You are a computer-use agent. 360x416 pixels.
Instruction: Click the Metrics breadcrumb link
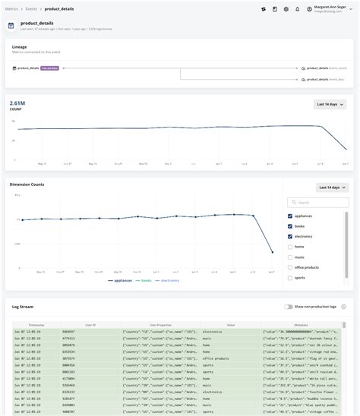12,8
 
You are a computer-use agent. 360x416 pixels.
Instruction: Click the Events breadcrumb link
32,8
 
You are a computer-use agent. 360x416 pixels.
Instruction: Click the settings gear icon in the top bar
286,9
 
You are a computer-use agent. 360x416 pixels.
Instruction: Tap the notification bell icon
297,9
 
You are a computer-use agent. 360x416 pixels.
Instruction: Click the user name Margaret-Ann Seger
328,7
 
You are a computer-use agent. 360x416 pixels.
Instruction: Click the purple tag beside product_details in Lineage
49,68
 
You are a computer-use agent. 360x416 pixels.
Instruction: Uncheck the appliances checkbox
291,216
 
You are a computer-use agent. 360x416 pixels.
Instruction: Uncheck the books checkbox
291,226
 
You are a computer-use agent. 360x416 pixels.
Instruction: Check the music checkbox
291,257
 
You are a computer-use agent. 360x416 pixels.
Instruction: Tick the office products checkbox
291,267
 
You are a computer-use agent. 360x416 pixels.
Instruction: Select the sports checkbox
291,278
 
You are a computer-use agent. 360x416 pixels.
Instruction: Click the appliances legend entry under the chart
122,280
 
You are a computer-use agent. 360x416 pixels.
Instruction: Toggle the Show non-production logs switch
289,307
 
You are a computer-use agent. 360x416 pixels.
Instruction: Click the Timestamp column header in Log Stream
36,325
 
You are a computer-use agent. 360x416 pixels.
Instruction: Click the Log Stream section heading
23,307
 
